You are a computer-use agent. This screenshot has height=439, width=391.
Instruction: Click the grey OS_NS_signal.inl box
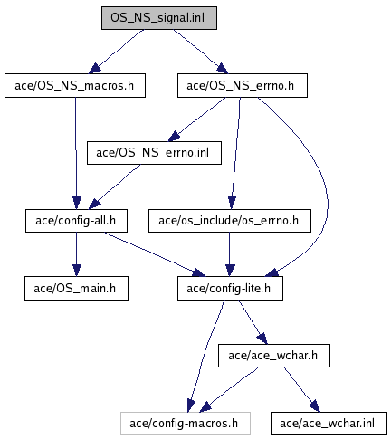pos(159,18)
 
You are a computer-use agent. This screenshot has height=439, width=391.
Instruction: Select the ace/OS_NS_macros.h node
pos(75,85)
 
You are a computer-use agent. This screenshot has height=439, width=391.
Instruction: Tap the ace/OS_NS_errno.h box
pos(243,85)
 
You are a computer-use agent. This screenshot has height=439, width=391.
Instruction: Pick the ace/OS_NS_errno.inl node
pos(154,153)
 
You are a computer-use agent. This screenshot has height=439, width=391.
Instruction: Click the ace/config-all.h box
pos(76,221)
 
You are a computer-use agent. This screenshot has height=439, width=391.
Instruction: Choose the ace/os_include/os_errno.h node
pos(230,221)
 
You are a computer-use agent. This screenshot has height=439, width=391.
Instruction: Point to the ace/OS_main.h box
pos(76,288)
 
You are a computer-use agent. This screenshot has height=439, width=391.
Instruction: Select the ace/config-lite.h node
pos(230,288)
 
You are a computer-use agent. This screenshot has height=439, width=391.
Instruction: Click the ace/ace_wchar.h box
pos(274,356)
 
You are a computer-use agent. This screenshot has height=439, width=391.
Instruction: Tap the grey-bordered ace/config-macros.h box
pos(186,424)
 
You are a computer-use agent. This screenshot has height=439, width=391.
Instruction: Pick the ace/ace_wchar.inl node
pos(329,424)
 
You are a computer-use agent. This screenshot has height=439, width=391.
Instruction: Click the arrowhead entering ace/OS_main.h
pos(77,271)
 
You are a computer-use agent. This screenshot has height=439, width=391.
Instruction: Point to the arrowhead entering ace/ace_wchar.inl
pos(315,406)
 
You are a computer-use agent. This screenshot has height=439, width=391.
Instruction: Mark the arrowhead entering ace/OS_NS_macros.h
pos(94,69)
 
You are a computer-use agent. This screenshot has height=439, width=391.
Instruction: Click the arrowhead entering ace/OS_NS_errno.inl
pos(174,137)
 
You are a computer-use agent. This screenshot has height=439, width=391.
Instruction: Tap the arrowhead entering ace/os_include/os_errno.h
pos(232,203)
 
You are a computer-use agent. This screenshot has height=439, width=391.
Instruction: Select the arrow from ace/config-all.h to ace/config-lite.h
pos(155,253)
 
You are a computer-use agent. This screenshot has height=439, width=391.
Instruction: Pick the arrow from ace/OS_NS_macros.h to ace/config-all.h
pos(76,153)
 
